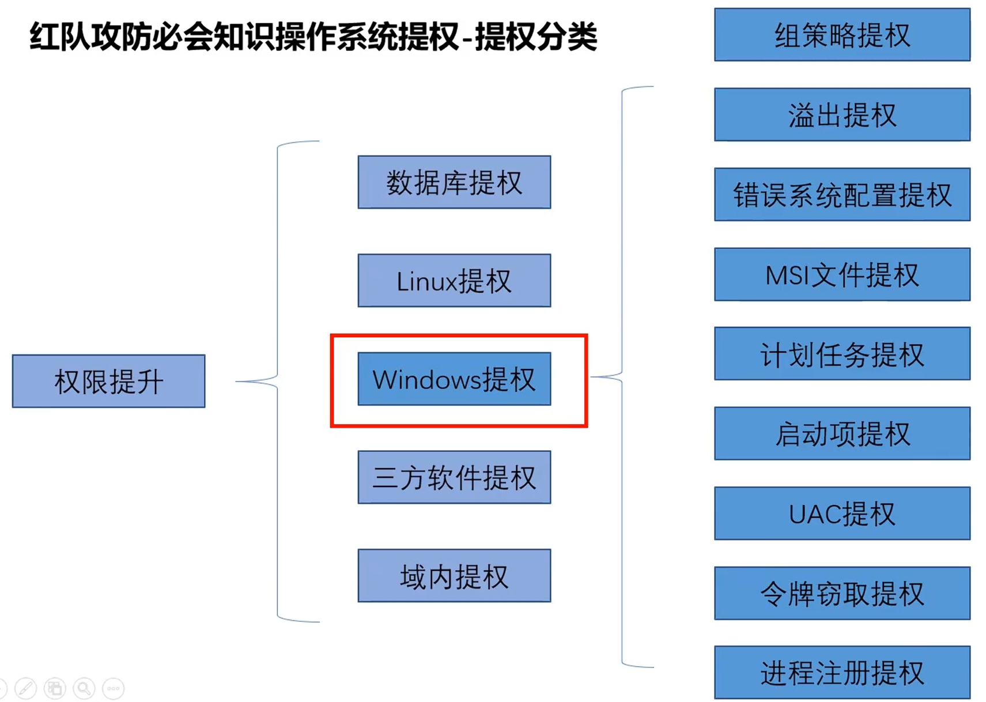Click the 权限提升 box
click(108, 381)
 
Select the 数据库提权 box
click(454, 182)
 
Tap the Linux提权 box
click(454, 281)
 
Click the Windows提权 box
click(454, 379)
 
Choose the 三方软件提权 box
click(454, 477)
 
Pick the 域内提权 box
click(454, 576)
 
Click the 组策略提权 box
click(842, 35)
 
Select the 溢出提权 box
click(842, 115)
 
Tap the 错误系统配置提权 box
click(842, 194)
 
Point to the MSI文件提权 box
click(842, 274)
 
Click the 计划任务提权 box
click(842, 354)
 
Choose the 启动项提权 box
click(842, 433)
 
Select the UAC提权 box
click(842, 514)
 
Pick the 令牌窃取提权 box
click(842, 593)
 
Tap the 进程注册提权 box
click(842, 673)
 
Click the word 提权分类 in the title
click(536, 37)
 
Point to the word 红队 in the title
click(59, 37)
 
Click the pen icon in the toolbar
click(25, 688)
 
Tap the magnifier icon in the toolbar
click(84, 688)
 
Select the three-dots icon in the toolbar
click(114, 688)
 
